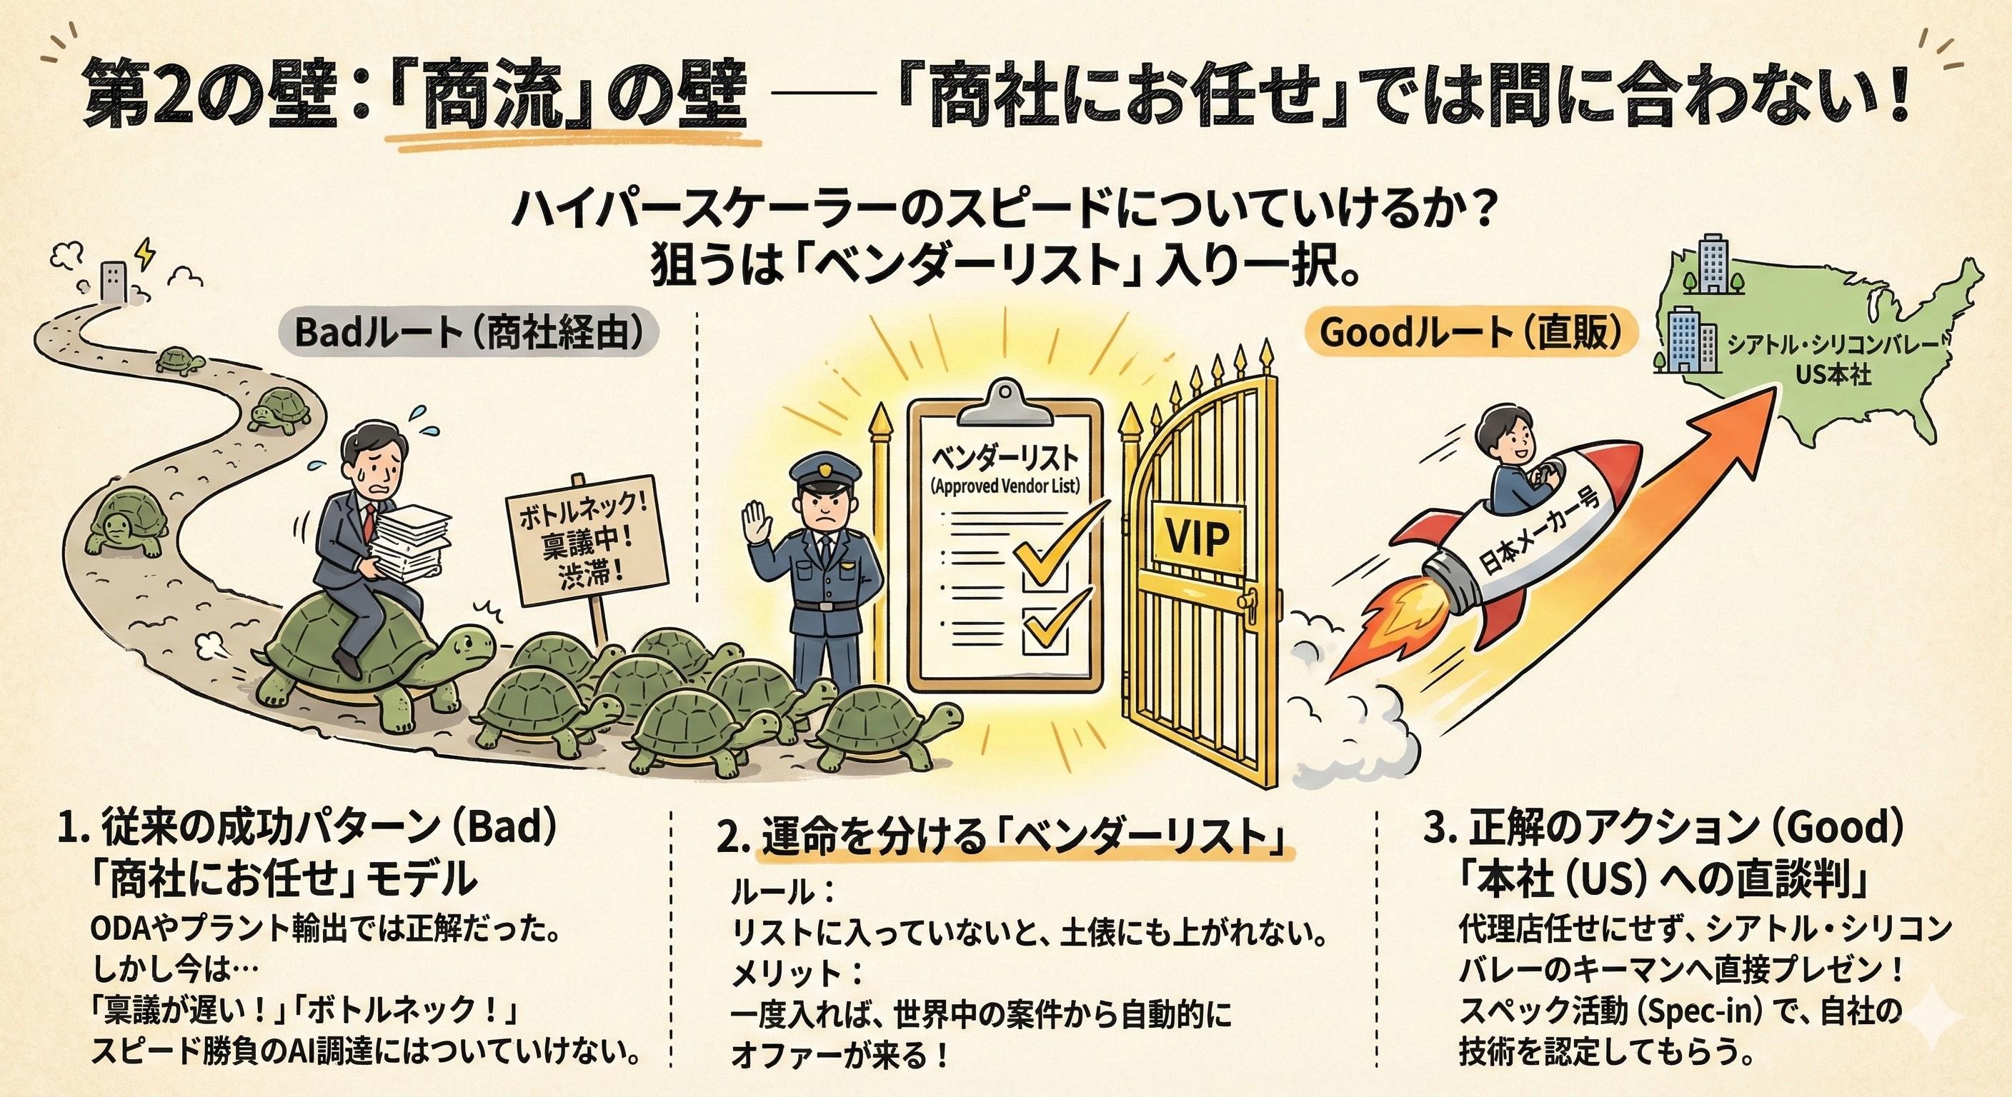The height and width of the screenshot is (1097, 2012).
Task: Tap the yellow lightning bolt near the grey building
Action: click(144, 251)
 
